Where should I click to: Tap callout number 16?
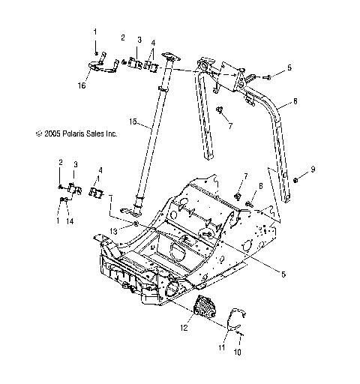click(82, 85)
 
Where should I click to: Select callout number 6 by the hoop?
click(295, 100)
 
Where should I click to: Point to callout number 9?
click(313, 168)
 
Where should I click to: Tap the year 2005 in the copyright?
click(33, 134)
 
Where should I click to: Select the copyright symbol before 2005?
click(17, 134)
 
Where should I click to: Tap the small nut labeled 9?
click(298, 181)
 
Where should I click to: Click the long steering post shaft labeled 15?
click(150, 142)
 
